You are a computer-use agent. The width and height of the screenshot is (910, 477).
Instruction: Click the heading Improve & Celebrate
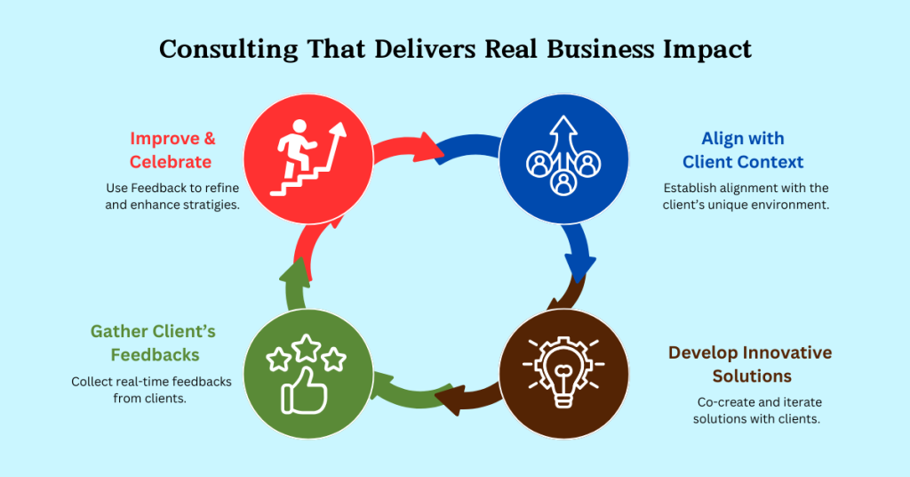(x=171, y=150)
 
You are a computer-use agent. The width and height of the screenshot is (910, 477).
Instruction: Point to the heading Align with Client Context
(x=743, y=150)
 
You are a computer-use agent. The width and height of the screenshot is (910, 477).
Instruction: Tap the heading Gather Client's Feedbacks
(x=153, y=343)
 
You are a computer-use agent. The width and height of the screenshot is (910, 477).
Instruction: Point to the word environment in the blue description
(x=783, y=205)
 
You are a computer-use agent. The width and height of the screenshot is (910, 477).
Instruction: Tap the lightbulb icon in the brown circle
(x=563, y=374)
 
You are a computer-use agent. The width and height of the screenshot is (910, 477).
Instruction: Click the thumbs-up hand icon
(x=305, y=392)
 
